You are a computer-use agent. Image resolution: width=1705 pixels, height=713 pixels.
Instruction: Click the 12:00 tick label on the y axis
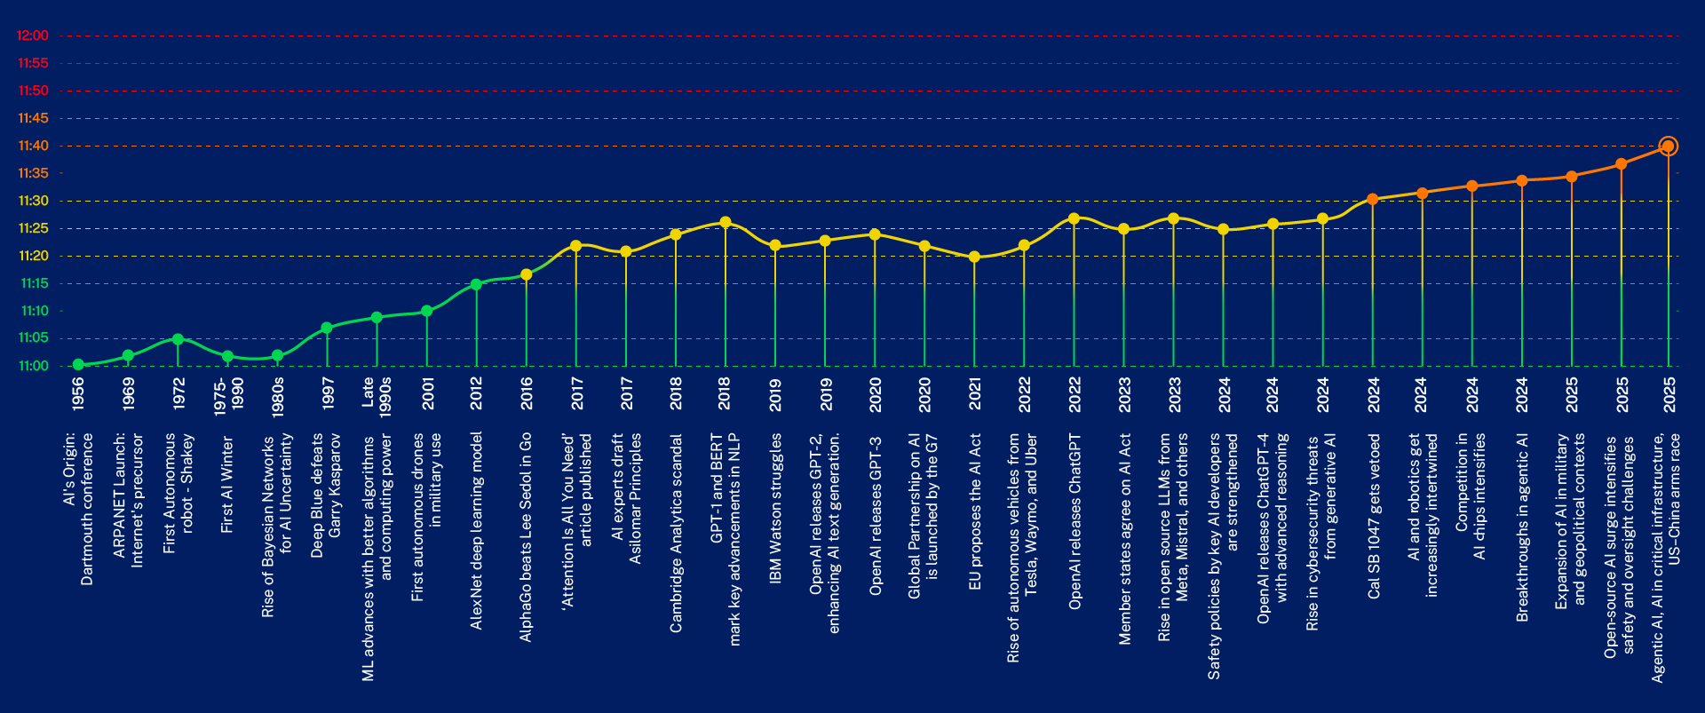point(33,36)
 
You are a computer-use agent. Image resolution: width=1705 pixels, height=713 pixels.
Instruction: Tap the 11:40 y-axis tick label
point(33,146)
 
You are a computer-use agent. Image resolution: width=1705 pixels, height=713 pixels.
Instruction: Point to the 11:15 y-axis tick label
point(33,283)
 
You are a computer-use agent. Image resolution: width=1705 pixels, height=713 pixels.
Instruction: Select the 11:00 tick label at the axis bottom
point(33,366)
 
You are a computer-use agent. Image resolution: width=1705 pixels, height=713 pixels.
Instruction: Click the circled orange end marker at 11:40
point(1668,147)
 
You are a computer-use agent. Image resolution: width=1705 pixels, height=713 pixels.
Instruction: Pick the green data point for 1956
point(78,365)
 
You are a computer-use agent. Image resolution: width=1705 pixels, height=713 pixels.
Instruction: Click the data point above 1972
point(178,339)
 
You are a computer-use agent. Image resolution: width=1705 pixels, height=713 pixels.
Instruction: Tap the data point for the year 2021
point(974,257)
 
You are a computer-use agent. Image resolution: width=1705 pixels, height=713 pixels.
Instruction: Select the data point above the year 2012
point(476,284)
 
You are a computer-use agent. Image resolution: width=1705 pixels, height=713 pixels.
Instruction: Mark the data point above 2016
point(527,275)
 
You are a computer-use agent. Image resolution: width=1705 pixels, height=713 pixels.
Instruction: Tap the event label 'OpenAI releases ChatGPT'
point(1075,521)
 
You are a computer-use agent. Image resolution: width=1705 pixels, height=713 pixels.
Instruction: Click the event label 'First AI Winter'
point(227,485)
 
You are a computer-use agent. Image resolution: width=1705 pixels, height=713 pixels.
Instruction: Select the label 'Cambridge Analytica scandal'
point(676,534)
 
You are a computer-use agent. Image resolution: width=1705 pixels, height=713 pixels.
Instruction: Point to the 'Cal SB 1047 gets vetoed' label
point(1374,517)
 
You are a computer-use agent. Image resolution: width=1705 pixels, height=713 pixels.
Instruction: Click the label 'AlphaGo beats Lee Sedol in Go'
point(527,537)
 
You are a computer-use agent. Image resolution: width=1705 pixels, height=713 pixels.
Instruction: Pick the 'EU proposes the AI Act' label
point(975,511)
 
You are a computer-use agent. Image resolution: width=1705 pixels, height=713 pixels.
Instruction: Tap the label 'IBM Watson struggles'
point(775,508)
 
